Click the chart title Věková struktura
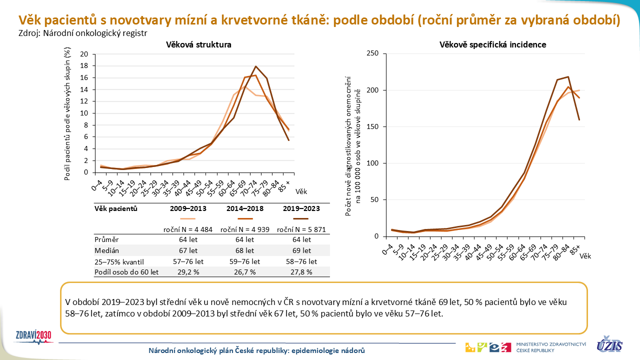tap(198, 44)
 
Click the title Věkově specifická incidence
tap(492, 44)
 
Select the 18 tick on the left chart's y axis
tap(84, 66)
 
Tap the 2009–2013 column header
tap(187, 208)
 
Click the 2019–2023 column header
tap(301, 208)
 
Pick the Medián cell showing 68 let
tap(244, 250)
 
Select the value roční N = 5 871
tap(301, 229)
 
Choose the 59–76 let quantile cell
tap(244, 261)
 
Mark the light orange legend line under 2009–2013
tap(187, 218)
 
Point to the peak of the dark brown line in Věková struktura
tap(255, 66)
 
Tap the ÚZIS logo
tap(609, 344)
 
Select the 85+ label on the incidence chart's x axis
tap(576, 248)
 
